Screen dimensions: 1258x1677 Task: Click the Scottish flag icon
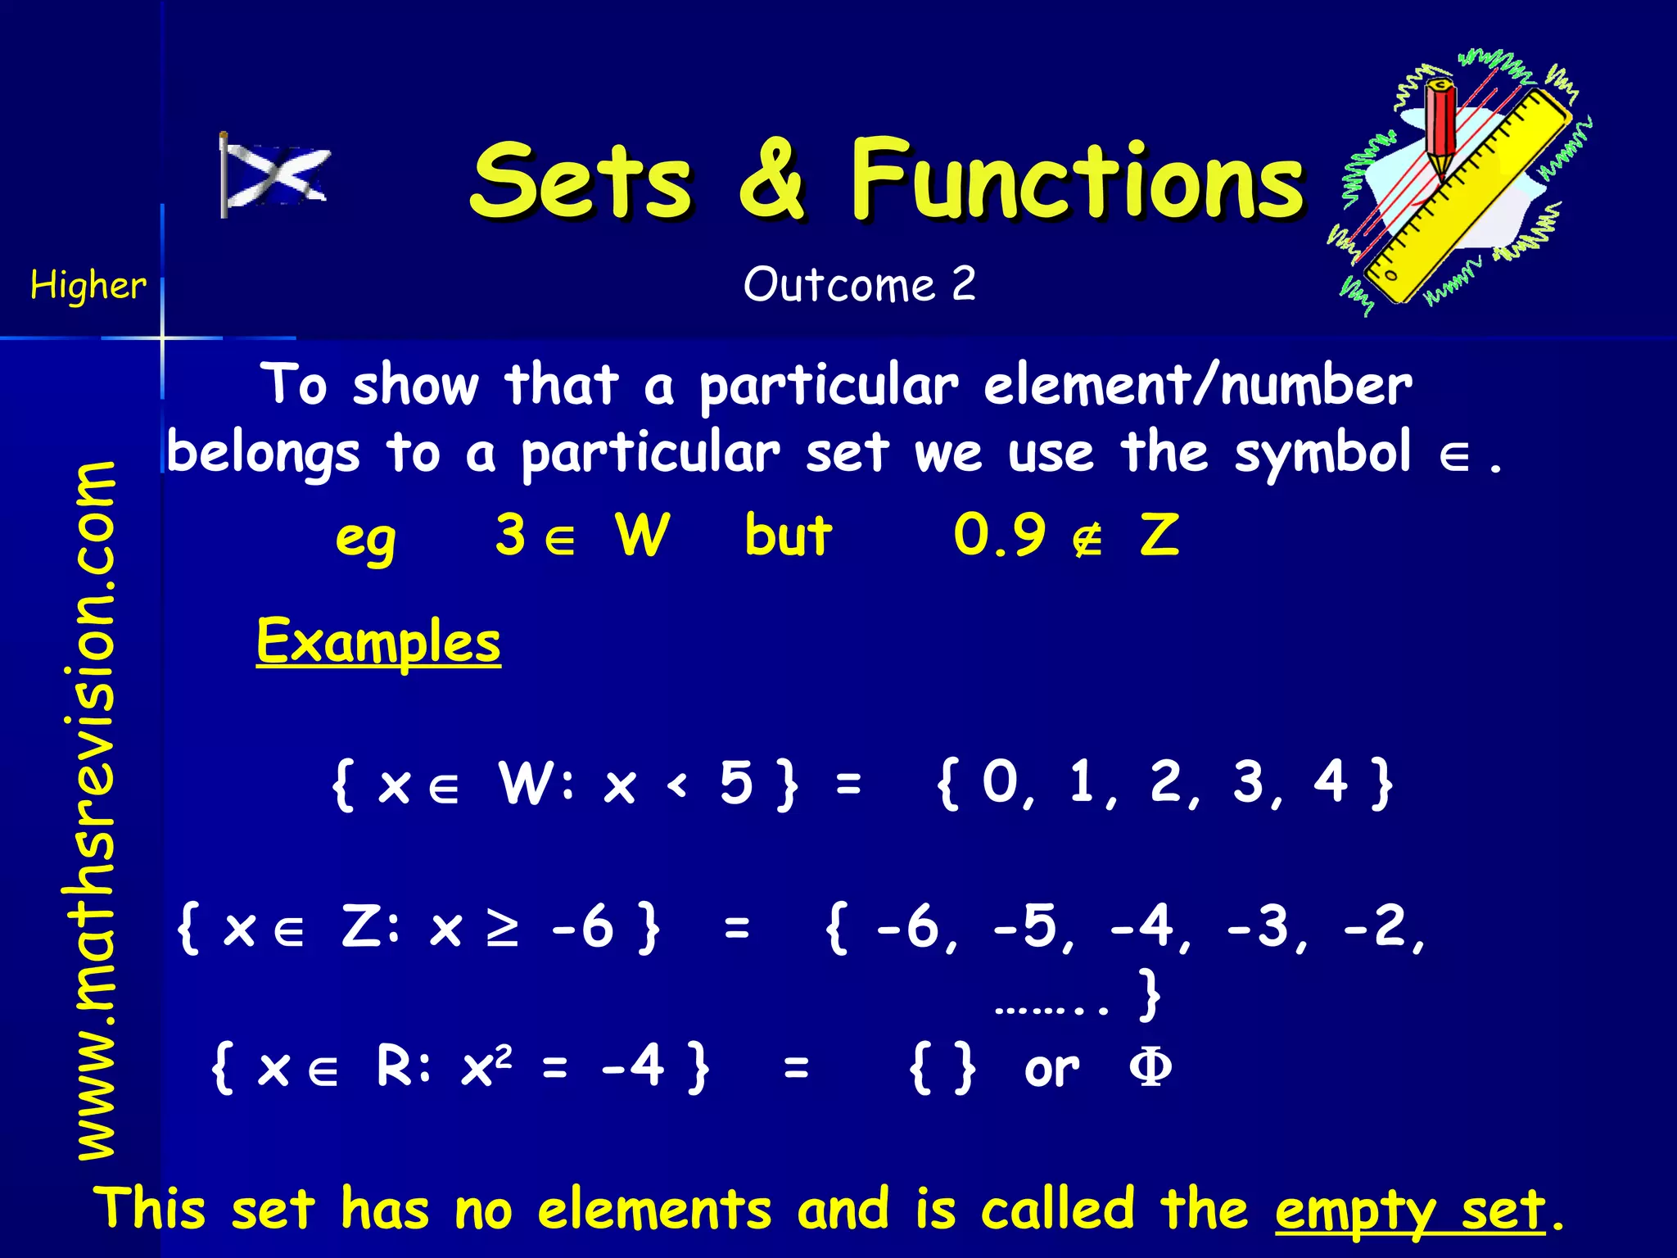click(275, 175)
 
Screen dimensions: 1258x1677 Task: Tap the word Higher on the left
click(88, 286)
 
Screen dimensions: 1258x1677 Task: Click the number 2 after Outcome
click(964, 284)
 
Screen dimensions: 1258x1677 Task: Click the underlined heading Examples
click(378, 642)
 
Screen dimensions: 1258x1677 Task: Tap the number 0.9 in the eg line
click(1000, 536)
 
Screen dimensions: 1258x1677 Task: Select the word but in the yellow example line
click(788, 536)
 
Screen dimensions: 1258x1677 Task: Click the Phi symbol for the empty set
click(1150, 1068)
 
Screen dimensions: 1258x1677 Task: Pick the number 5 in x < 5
click(736, 782)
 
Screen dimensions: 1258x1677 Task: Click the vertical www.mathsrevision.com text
click(97, 811)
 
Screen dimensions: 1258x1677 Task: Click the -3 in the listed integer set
click(1267, 929)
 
